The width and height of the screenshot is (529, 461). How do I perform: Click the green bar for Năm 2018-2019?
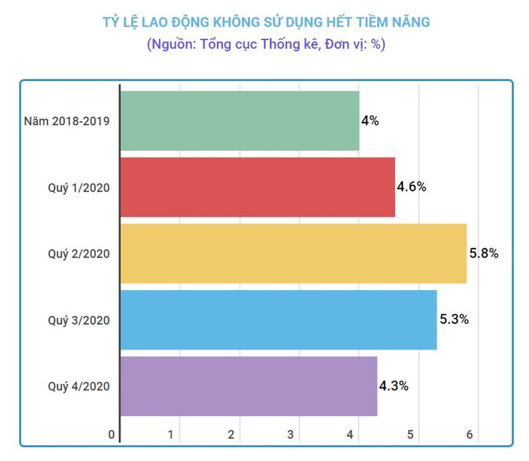pos(239,121)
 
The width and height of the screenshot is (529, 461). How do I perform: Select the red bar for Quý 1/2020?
pos(257,187)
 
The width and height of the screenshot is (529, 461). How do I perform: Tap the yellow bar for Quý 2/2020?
pos(293,253)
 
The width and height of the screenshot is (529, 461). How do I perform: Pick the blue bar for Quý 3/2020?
pos(278,320)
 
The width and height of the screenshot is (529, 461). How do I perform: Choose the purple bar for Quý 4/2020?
pos(248,386)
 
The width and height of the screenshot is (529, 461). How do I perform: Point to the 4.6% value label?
pos(411,187)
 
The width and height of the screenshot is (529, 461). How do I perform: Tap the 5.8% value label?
pos(483,253)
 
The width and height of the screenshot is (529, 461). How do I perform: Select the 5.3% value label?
pos(454,320)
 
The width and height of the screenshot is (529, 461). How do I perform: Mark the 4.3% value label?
pos(394,386)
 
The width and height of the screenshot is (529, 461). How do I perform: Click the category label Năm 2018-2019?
pos(67,122)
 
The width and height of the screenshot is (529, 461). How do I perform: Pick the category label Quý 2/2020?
pos(78,253)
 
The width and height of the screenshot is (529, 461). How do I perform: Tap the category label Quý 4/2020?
pos(78,386)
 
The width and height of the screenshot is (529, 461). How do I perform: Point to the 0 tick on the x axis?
pos(111,435)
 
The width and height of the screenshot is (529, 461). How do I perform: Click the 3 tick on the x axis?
pos(291,435)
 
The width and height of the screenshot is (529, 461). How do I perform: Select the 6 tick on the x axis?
pos(470,435)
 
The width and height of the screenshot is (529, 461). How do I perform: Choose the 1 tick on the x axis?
pos(172,435)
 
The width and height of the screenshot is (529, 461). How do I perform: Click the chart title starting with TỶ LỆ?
pos(265,22)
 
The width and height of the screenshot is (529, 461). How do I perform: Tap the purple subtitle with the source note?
pos(265,45)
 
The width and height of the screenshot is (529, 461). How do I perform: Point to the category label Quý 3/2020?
pos(78,320)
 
